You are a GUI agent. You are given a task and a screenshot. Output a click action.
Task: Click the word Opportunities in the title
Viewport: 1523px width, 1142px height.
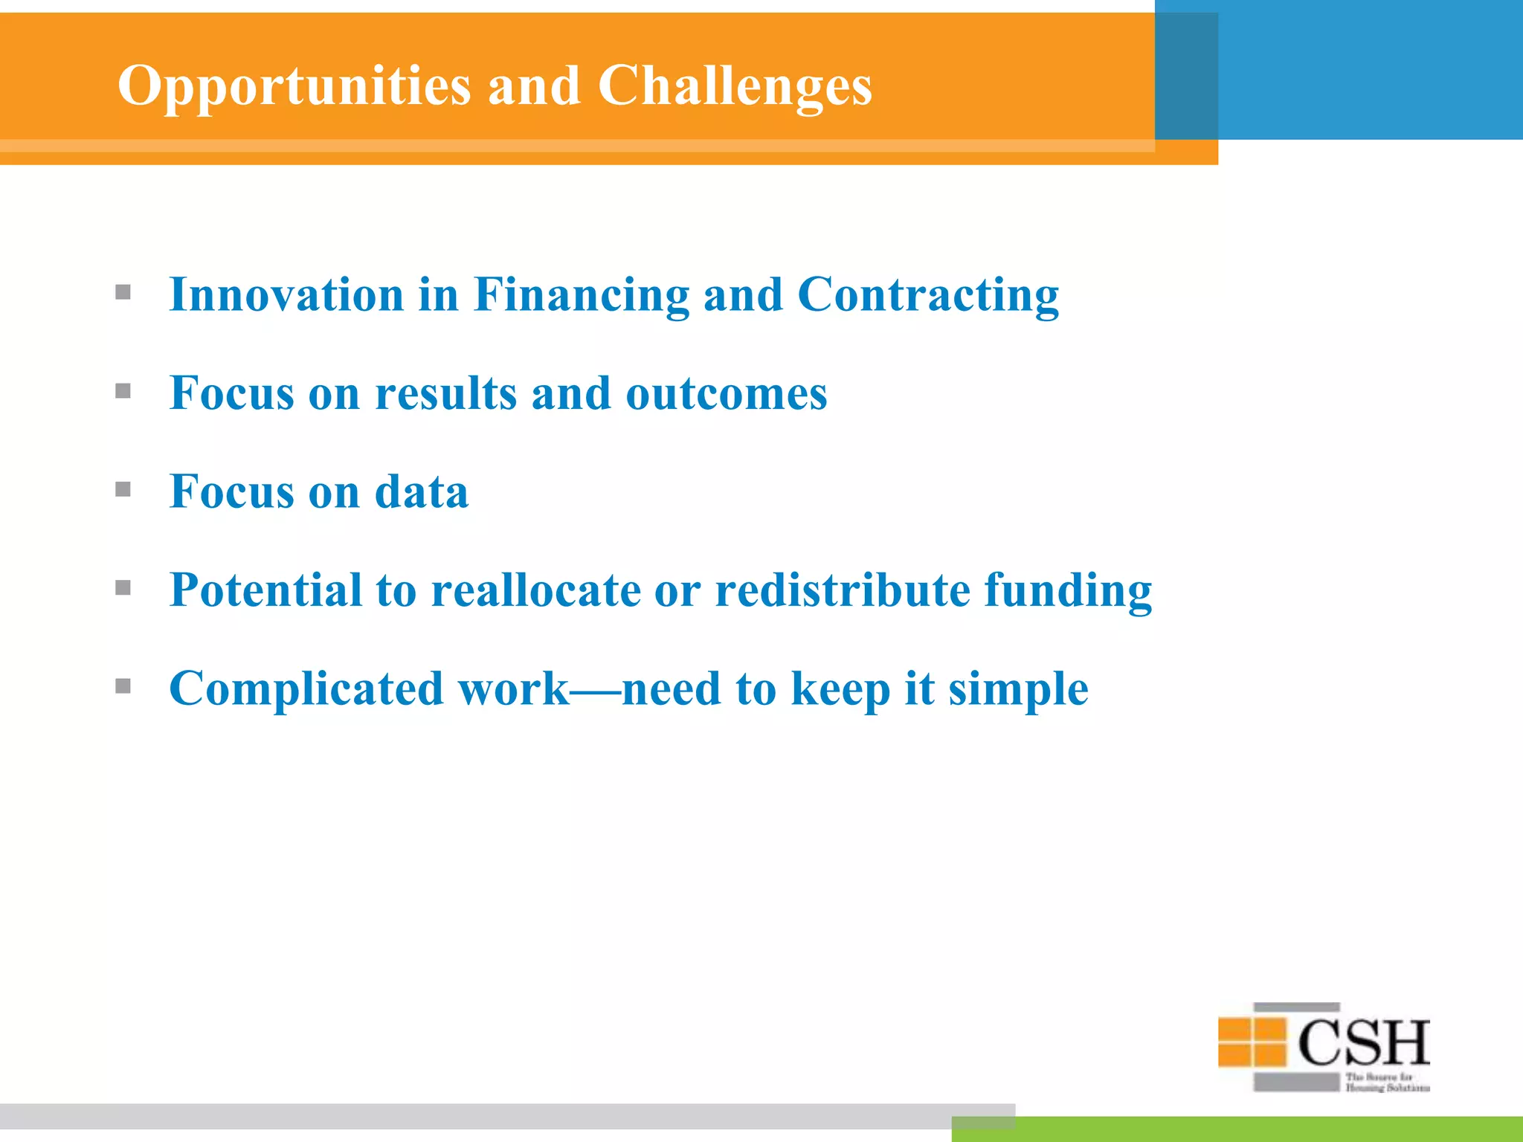coord(294,86)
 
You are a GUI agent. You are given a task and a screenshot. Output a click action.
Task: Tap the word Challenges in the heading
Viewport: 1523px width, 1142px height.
coord(734,86)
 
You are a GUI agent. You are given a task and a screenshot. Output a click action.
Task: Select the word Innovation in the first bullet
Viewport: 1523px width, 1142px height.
coord(286,294)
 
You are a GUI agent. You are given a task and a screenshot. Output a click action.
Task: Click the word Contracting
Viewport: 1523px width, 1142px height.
coord(928,296)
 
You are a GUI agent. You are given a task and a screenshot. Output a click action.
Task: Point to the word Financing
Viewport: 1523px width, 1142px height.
coord(582,296)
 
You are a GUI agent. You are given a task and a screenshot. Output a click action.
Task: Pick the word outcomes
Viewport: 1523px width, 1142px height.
coord(727,393)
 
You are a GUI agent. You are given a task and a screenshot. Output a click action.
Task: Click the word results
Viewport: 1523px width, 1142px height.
coord(445,393)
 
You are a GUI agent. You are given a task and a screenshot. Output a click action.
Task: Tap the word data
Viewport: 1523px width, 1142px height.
coord(422,491)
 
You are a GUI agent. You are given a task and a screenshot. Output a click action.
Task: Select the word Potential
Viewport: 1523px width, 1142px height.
coord(265,590)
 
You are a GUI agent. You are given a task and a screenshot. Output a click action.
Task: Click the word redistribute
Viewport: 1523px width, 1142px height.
coord(843,590)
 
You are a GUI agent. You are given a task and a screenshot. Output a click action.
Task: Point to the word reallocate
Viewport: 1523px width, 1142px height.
coord(536,590)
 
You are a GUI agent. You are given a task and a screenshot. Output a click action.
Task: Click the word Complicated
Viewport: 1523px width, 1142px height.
coord(306,689)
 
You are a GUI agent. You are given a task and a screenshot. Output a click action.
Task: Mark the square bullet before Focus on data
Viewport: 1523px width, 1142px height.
coord(123,489)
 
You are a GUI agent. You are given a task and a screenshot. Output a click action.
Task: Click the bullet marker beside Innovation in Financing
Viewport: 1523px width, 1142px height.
coord(123,292)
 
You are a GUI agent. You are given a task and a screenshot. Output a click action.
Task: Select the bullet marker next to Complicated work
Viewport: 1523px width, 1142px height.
coord(123,686)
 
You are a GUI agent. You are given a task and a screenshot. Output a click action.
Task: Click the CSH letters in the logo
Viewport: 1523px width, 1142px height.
coord(1364,1043)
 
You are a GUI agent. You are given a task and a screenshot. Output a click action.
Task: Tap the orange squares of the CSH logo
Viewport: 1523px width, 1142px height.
coord(1252,1042)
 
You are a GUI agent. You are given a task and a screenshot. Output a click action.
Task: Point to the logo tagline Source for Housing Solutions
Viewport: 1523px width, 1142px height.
coord(1386,1083)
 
